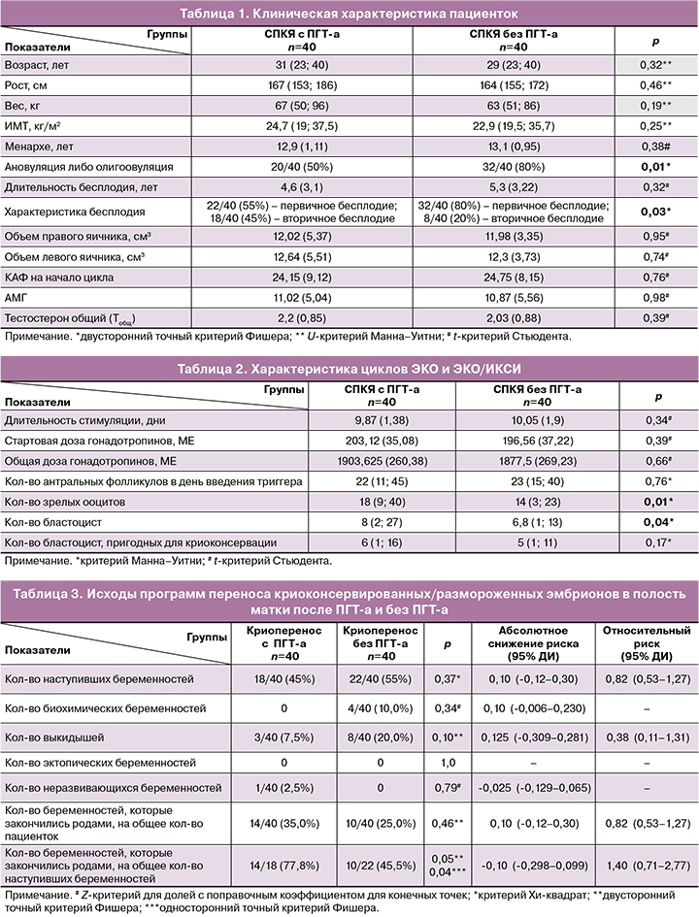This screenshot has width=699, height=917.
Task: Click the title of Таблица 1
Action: [x=349, y=13]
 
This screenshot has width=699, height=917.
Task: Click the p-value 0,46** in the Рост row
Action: [x=655, y=85]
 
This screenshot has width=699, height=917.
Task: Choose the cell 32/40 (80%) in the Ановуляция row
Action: [x=519, y=168]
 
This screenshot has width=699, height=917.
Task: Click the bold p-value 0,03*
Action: [x=655, y=211]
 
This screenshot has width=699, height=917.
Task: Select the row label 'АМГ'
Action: [x=19, y=297]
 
